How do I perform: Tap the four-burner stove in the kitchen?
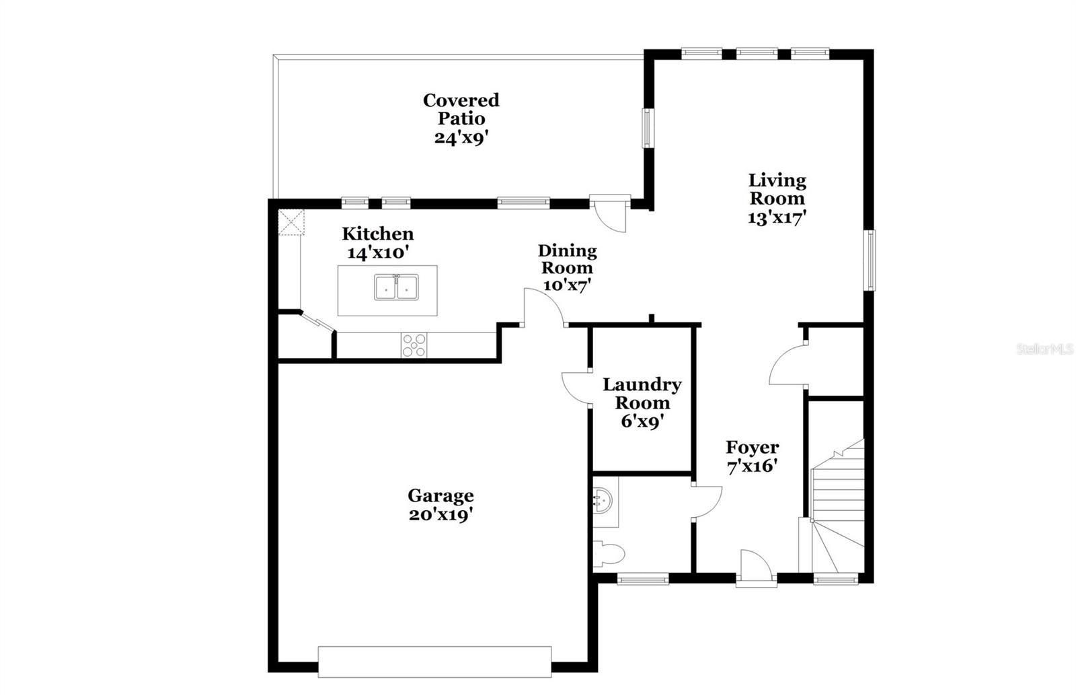tap(413, 345)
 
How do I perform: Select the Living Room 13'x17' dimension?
tap(777, 217)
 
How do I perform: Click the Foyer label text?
tap(752, 448)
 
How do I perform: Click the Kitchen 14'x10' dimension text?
tap(378, 253)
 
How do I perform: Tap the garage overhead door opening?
tap(434, 661)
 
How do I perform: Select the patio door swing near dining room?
tap(612, 214)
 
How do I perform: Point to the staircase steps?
tap(838, 498)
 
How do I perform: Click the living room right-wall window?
tap(871, 260)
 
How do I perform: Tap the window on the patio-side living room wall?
tap(647, 128)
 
